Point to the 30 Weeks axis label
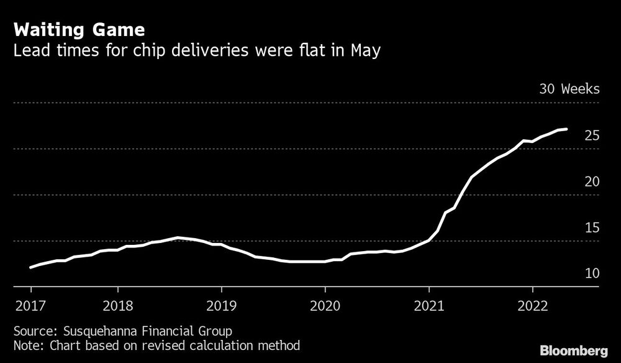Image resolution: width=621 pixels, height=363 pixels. [x=569, y=89]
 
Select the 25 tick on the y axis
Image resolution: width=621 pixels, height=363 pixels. [x=592, y=135]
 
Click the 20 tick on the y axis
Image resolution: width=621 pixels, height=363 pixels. [x=592, y=181]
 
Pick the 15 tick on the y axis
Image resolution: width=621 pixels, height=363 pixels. [x=592, y=227]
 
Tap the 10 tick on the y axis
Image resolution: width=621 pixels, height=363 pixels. [x=592, y=273]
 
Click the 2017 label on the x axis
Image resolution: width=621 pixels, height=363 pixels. [x=30, y=305]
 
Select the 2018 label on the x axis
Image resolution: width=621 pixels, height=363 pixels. [x=117, y=305]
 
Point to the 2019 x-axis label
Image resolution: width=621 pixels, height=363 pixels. [x=221, y=305]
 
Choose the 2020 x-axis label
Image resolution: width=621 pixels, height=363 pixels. [x=325, y=305]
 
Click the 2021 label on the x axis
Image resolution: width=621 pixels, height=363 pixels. [x=428, y=305]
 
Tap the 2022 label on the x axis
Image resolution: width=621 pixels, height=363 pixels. [x=532, y=305]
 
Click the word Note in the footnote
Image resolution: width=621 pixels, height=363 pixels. [x=26, y=345]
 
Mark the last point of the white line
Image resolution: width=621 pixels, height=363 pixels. [x=566, y=129]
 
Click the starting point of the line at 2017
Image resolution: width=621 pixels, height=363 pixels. [x=30, y=267]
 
